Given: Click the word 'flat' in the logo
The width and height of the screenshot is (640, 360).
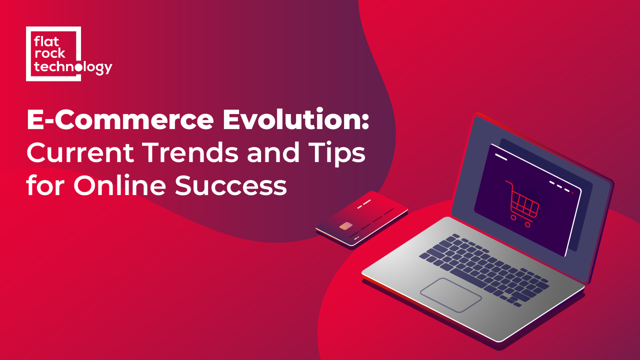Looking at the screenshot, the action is [46, 41].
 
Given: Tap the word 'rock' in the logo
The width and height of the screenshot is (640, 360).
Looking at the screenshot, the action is [49, 53].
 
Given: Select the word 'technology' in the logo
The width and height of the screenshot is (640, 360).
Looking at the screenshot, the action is [73, 67].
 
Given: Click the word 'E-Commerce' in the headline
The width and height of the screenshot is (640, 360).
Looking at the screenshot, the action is [120, 120].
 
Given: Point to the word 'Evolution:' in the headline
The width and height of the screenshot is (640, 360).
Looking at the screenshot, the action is [296, 119].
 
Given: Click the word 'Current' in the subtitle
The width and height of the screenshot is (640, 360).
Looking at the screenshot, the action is [80, 152].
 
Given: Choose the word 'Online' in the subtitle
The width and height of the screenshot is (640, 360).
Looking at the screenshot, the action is [119, 184].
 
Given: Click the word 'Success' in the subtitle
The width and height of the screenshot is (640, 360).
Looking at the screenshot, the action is [231, 185].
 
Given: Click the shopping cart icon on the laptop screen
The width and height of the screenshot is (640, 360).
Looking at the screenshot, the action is [522, 204].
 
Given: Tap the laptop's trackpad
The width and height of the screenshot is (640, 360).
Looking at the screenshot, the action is [450, 295].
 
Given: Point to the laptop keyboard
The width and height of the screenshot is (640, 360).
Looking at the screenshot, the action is [484, 269].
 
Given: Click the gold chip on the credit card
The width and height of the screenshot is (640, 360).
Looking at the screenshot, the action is [345, 226].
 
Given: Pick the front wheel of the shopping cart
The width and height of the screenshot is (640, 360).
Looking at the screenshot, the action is [513, 218].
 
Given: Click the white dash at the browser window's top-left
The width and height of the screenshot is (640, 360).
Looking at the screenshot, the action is [501, 157].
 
